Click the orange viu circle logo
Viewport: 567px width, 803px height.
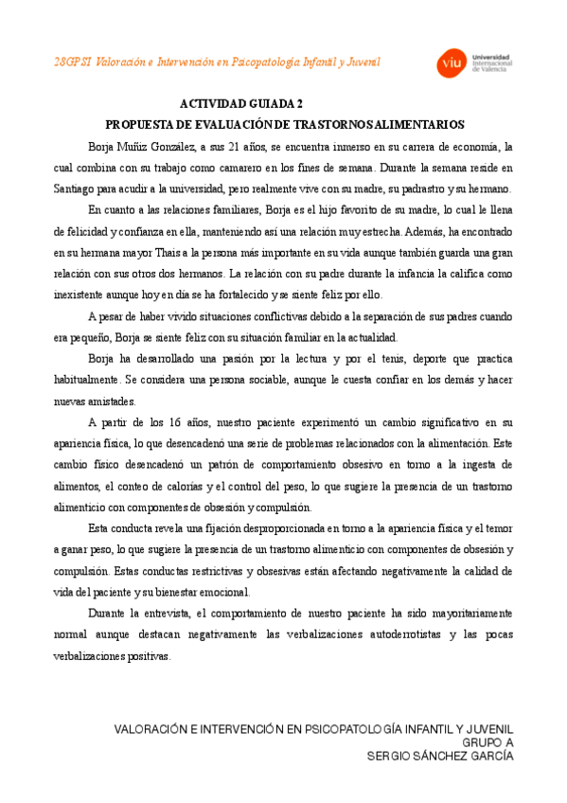(x=449, y=62)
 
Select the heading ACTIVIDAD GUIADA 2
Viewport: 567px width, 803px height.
(x=240, y=105)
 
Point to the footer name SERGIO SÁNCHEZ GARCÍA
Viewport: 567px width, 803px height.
(x=440, y=757)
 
